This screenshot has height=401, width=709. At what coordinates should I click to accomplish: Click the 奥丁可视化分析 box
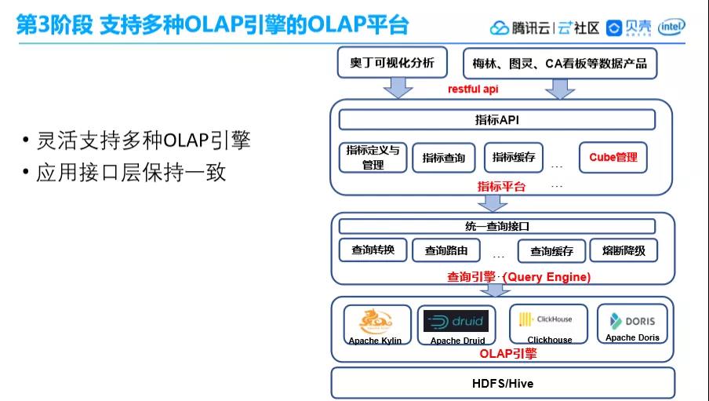pyautogui.click(x=391, y=63)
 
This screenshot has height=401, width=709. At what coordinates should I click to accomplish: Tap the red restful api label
pyautogui.click(x=473, y=89)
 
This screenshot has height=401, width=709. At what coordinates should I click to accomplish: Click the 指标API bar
pyautogui.click(x=496, y=120)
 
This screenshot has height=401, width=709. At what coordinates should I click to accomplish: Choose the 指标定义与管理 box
pyautogui.click(x=373, y=157)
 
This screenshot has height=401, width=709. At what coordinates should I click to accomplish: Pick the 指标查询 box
pyautogui.click(x=443, y=158)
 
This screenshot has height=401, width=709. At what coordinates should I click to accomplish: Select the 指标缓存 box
pyautogui.click(x=514, y=157)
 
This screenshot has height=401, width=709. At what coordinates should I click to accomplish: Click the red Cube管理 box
pyautogui.click(x=613, y=157)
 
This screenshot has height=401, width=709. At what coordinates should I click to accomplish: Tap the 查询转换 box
pyautogui.click(x=373, y=250)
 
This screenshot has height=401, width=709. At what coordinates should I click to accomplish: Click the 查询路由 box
pyautogui.click(x=446, y=251)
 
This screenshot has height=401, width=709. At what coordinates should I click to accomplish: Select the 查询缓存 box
pyautogui.click(x=551, y=251)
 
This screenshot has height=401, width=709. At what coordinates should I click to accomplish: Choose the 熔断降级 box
pyautogui.click(x=624, y=250)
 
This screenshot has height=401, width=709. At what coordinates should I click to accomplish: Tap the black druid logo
pyautogui.click(x=456, y=321)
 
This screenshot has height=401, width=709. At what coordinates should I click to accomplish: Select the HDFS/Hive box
pyautogui.click(x=502, y=384)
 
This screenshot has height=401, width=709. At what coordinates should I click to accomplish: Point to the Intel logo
pyautogui.click(x=672, y=27)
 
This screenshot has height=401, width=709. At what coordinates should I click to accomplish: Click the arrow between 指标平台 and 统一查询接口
pyautogui.click(x=493, y=202)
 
